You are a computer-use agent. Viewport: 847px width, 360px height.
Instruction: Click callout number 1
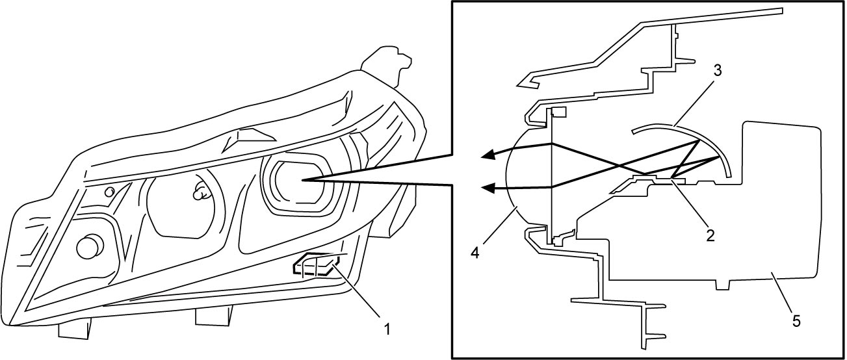[386, 329]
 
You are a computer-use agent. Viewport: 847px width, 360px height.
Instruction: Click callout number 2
[710, 236]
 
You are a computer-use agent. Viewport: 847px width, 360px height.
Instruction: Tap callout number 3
[717, 71]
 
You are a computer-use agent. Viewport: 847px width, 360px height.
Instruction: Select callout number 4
[475, 252]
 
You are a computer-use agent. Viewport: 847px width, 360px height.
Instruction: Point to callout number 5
[796, 322]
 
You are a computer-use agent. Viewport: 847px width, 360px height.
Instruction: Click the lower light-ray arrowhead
[489, 188]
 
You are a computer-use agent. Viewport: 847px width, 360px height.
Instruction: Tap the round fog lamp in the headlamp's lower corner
[90, 246]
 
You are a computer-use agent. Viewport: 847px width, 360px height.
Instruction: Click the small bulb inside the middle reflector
[201, 192]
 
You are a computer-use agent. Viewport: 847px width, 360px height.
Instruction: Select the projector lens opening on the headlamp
[298, 184]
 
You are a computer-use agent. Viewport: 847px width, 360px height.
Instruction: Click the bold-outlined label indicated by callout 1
[316, 264]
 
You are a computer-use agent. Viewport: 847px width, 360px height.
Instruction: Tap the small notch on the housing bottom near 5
[723, 285]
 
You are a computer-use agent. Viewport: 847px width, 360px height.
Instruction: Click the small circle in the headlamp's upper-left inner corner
[109, 192]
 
